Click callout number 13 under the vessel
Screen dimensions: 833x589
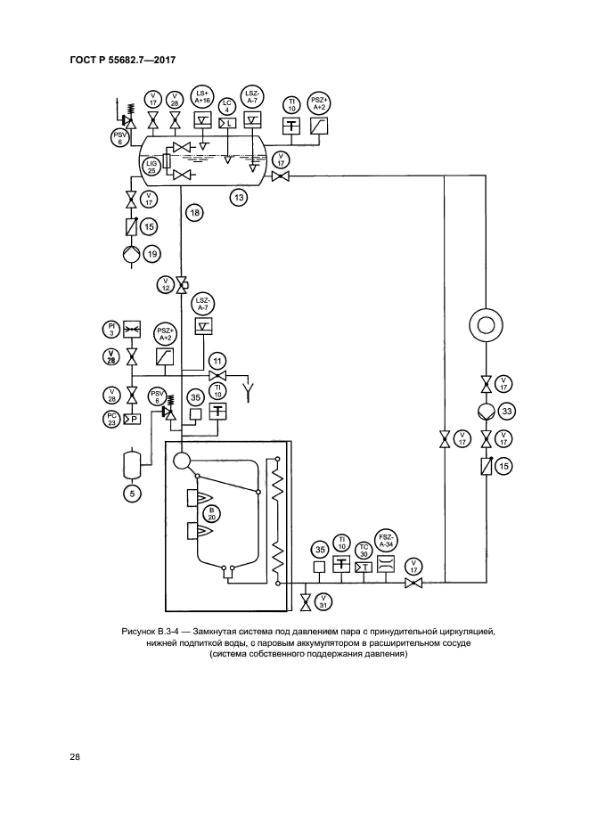point(239,196)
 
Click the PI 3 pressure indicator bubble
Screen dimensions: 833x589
point(112,330)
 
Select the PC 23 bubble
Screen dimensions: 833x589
point(112,418)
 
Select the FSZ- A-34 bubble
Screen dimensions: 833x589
point(386,542)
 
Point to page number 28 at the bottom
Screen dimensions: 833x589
point(75,757)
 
